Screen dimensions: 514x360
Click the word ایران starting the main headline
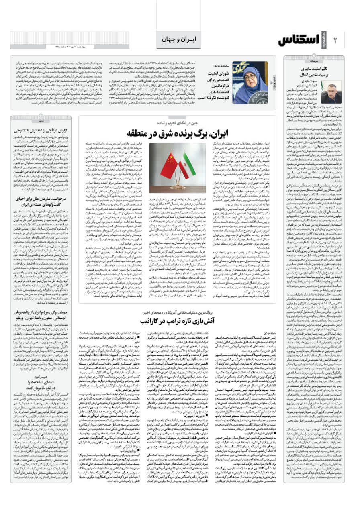(x=219, y=133)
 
